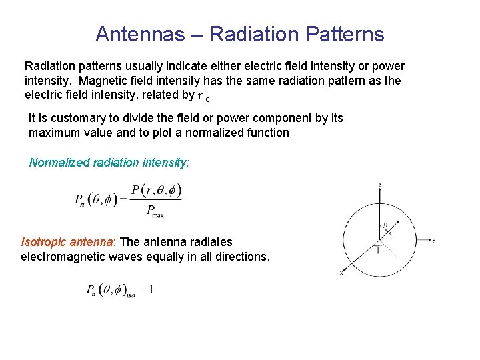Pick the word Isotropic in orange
[x=45, y=242]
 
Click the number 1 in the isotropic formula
[x=151, y=289]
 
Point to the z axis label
[x=379, y=185]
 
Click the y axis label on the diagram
[x=434, y=240]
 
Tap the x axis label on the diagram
[x=341, y=273]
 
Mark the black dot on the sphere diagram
[x=398, y=221]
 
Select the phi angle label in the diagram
[x=378, y=251]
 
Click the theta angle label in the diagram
[x=385, y=225]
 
